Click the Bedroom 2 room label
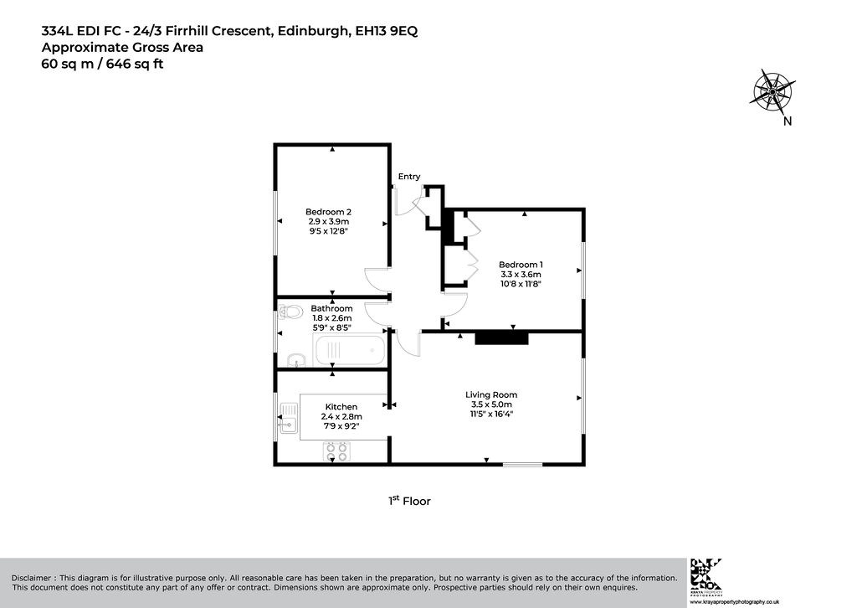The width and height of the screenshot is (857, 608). [x=328, y=212]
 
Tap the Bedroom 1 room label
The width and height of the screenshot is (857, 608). [x=521, y=265]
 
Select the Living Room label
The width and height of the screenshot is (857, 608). [x=490, y=394]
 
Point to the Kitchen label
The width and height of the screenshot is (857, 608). [x=341, y=407]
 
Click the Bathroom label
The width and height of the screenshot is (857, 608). [x=331, y=308]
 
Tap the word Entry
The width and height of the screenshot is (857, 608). [x=408, y=176]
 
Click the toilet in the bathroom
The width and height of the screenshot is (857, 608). [x=290, y=312]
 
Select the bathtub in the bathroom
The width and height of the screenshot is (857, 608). [x=350, y=350]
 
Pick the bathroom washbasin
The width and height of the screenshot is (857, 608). [x=295, y=360]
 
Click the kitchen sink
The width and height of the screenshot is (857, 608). [x=289, y=418]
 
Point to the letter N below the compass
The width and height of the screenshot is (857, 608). [x=787, y=121]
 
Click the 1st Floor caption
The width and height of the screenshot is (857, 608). [x=409, y=501]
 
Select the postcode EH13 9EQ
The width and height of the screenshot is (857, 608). [x=387, y=31]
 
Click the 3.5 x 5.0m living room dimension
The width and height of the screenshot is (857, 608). [x=491, y=404]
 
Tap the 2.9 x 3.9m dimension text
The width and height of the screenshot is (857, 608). [x=328, y=221]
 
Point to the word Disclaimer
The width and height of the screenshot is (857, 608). [x=32, y=578]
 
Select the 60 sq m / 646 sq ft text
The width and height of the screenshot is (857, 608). [x=103, y=64]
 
